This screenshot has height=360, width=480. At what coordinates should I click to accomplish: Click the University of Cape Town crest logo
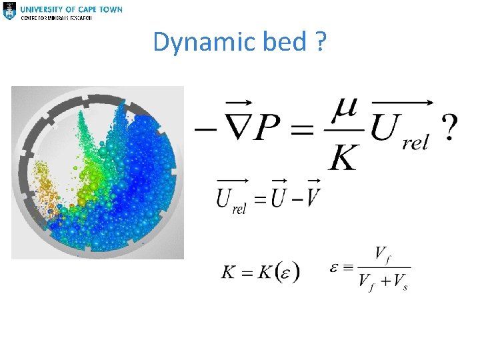pos(9,11)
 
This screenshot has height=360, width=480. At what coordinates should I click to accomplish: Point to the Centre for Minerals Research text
pos(57,17)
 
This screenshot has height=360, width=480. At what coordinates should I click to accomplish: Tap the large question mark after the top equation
pos(451,127)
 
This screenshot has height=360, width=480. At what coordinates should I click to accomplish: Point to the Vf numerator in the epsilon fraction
pos(383,253)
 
